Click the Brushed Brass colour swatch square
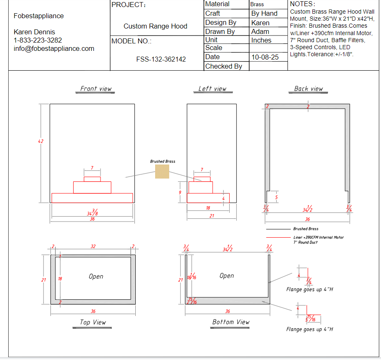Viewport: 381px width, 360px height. [162, 172]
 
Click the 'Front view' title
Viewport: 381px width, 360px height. [96, 88]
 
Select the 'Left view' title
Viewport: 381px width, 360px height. [212, 88]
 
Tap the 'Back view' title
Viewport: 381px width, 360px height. [308, 88]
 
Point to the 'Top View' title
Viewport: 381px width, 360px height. [93, 322]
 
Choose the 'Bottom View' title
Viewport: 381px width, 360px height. [231, 322]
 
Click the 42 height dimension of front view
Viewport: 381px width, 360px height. [41, 141]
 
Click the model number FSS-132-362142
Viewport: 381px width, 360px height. [161, 59]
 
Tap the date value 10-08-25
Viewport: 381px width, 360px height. [265, 57]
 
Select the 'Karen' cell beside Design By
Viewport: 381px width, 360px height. [260, 23]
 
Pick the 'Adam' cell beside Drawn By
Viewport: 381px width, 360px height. [260, 31]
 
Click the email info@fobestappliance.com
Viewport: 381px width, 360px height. [54, 48]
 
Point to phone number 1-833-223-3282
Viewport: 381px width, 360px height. [38, 40]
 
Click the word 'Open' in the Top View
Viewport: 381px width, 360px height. [96, 277]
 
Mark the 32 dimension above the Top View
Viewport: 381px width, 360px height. [93, 246]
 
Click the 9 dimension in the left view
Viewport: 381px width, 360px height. [180, 193]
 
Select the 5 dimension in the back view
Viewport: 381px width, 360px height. [276, 198]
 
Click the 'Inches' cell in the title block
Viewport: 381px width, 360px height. [261, 40]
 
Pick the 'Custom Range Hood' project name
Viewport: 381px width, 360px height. [155, 26]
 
